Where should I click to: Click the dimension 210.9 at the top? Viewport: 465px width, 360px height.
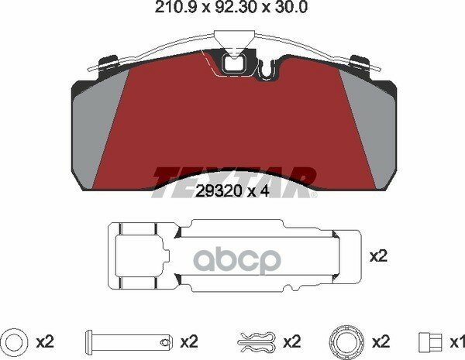click(175, 8)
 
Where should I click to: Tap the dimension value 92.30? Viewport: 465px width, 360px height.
click(235, 8)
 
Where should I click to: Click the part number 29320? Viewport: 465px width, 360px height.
click(219, 192)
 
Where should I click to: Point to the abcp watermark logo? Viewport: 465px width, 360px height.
click(236, 260)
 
